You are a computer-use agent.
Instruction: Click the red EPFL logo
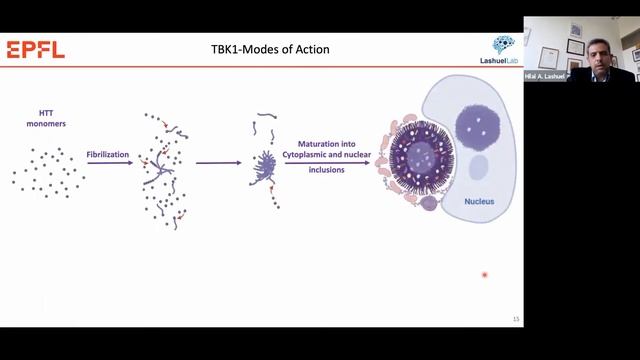pos(35,50)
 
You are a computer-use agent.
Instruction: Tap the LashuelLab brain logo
pos(504,47)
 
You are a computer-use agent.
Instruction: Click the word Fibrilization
pos(109,155)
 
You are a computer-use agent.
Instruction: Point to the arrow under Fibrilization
pos(110,164)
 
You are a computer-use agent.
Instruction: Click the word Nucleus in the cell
pos(479,201)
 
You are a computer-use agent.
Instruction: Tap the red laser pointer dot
pos(484,274)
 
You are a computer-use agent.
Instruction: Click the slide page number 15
pos(515,319)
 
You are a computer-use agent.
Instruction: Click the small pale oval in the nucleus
pos(478,166)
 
